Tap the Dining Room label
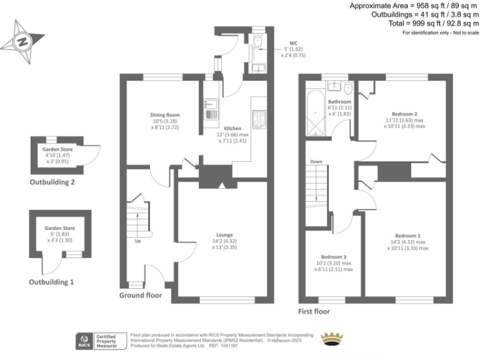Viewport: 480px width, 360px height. pyautogui.click(x=164, y=115)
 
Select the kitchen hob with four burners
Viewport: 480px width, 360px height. pyautogui.click(x=259, y=117)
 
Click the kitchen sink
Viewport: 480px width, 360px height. pyautogui.click(x=210, y=110)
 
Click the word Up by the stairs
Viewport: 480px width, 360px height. pyautogui.click(x=137, y=240)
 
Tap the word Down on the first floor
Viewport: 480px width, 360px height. pyautogui.click(x=316, y=162)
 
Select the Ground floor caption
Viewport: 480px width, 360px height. pyautogui.click(x=141, y=294)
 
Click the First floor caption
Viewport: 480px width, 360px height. pyautogui.click(x=314, y=311)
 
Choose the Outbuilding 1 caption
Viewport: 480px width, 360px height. pyautogui.click(x=51, y=282)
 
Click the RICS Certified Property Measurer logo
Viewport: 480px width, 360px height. pyautogui.click(x=98, y=340)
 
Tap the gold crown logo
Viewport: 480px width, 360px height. pyautogui.click(x=332, y=339)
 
